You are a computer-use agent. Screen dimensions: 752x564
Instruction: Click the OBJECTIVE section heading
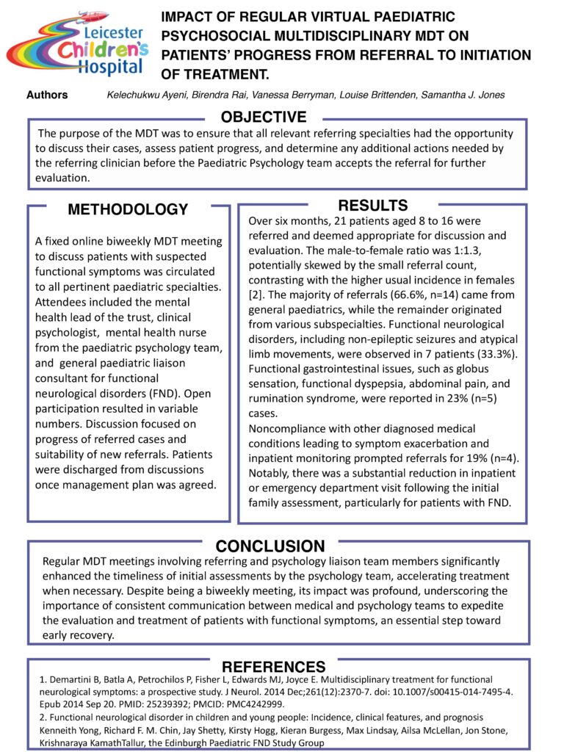pos(264,117)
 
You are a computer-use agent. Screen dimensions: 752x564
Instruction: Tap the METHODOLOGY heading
pos(128,209)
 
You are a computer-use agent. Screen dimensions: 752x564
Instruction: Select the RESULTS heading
pos(372,206)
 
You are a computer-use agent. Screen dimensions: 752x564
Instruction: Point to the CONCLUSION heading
pos(270,546)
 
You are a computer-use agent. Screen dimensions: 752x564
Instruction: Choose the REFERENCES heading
pos(273,667)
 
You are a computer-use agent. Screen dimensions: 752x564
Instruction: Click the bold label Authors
pos(47,95)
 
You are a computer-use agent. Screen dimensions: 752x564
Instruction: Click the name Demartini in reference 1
pos(75,679)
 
